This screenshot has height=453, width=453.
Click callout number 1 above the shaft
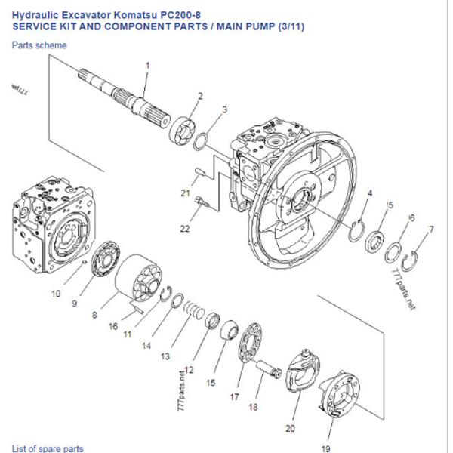148,65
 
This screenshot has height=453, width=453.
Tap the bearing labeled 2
184,126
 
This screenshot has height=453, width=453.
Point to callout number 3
225,110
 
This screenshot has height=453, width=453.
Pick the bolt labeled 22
200,202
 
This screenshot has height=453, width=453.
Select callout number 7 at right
431,228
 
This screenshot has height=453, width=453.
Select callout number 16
113,327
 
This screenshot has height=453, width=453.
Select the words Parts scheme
39,45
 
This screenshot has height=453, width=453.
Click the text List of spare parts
47,448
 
